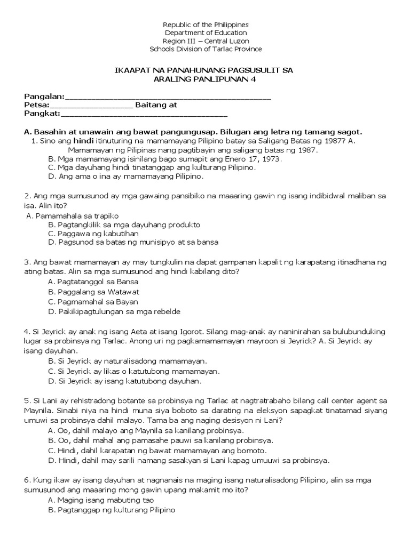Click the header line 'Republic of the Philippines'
coord(206,25)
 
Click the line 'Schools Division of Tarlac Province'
coord(206,49)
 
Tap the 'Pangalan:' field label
coord(44,97)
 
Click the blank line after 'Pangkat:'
coord(144,114)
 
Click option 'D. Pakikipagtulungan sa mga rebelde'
coord(114,311)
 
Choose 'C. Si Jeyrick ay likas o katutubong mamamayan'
coord(133,371)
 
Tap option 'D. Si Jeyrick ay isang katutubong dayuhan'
coord(125,381)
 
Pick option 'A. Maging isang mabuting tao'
coord(100,500)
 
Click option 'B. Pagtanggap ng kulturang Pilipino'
coord(111,510)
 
